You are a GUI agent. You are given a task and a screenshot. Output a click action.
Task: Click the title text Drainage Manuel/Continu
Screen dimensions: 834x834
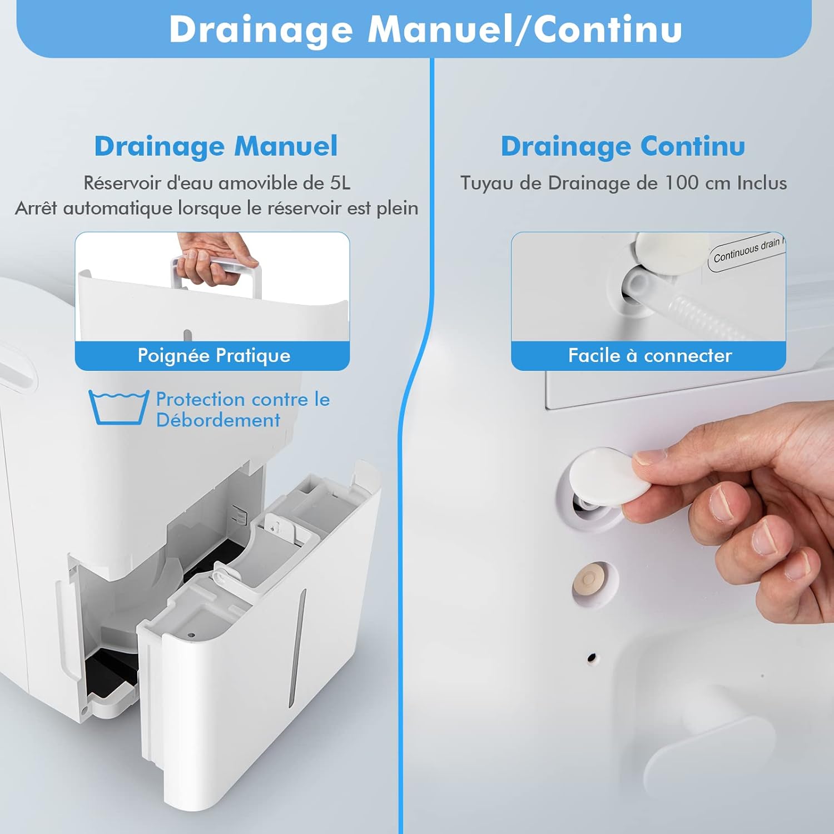tap(425, 29)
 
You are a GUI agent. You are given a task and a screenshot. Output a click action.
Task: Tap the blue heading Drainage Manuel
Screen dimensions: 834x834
tap(216, 147)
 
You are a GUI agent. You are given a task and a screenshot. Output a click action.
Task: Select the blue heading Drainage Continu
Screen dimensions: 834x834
tap(623, 147)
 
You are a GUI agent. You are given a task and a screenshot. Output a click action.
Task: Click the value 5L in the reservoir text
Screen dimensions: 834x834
tap(340, 183)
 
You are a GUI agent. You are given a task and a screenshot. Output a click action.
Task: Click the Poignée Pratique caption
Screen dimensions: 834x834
tap(214, 356)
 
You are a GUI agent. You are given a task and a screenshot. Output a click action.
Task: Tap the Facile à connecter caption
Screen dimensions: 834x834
tap(650, 356)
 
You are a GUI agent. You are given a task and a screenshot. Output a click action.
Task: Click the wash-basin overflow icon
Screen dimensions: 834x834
tap(119, 408)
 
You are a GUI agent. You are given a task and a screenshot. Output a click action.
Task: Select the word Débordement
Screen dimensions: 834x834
tap(218, 420)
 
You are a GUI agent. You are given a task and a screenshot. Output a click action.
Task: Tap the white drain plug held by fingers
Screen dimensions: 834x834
tap(609, 476)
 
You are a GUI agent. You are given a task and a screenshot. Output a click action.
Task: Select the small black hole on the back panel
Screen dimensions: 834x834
tap(592, 658)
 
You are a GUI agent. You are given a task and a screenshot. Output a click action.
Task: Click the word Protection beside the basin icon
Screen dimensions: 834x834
tap(201, 399)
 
